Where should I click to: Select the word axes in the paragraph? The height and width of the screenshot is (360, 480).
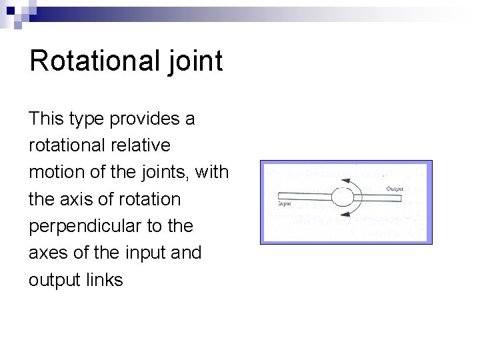[x=48, y=253]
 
